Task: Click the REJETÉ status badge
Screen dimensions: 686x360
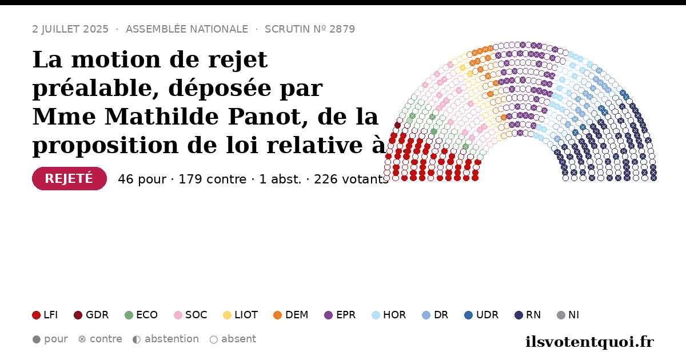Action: point(69,178)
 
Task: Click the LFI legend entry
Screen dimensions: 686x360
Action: point(45,315)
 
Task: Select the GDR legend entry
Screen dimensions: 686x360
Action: point(91,315)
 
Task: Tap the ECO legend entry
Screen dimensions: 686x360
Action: point(141,315)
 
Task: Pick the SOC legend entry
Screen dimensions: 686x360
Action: point(190,315)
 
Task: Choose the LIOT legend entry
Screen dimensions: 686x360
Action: point(241,315)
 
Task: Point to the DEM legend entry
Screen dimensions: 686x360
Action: point(290,315)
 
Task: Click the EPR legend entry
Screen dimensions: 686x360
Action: point(340,315)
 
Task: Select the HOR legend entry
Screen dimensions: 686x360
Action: point(389,315)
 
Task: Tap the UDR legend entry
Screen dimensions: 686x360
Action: point(481,315)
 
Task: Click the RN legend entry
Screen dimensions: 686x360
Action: point(528,315)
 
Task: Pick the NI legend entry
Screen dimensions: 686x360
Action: point(568,315)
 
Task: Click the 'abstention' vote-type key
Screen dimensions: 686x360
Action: point(166,339)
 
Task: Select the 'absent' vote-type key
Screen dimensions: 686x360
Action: point(233,339)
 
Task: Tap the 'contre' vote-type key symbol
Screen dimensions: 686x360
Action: point(82,339)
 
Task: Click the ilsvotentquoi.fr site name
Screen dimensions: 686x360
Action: point(589,342)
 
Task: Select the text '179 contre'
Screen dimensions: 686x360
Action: point(212,179)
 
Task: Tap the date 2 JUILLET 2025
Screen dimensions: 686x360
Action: point(70,29)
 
